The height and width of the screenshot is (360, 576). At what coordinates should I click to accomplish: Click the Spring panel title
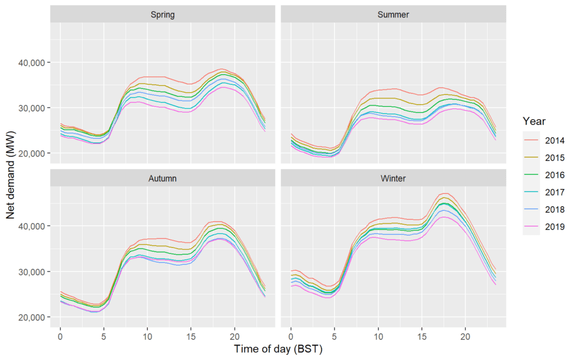[x=163, y=15]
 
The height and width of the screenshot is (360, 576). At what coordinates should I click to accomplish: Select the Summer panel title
[x=393, y=15]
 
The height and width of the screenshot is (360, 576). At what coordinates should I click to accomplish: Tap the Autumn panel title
[x=163, y=178]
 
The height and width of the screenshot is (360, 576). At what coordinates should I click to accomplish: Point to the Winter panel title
[x=393, y=178]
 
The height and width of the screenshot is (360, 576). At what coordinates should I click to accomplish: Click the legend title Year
[x=534, y=121]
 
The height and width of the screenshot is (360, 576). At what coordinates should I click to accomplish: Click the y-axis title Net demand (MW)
[x=10, y=175]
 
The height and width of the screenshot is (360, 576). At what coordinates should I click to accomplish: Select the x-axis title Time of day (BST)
[x=278, y=349]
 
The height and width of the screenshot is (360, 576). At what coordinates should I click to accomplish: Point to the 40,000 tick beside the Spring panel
[x=31, y=63]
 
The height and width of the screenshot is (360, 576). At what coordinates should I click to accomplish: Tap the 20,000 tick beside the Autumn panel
[x=31, y=317]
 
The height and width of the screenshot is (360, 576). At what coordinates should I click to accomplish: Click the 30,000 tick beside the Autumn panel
[x=31, y=272]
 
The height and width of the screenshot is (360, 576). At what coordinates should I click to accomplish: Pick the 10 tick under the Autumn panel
[x=147, y=336]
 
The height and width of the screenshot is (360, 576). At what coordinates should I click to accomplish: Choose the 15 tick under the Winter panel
[x=422, y=336]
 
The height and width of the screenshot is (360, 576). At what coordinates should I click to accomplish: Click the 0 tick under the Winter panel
[x=291, y=336]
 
